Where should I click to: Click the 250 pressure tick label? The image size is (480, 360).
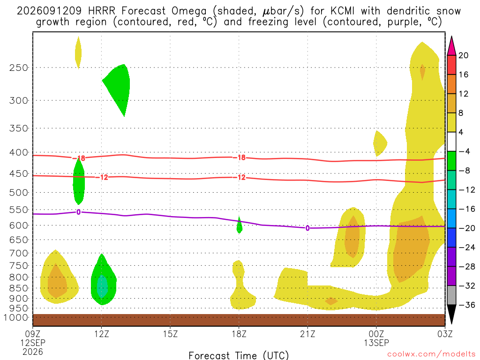point(19,67)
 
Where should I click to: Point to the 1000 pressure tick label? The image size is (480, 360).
point(16,317)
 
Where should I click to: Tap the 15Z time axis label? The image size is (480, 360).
point(170,334)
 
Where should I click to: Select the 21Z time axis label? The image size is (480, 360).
point(307,334)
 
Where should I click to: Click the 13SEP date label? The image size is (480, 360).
point(376,343)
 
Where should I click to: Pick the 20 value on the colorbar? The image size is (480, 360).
point(463,55)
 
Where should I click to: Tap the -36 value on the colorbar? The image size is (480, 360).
point(467,305)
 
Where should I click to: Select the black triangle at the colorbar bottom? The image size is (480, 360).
point(451,314)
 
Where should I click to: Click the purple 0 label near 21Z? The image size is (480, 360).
point(307,228)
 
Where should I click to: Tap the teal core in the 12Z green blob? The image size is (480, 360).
point(102,286)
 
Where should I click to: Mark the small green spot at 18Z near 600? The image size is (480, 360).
point(240,226)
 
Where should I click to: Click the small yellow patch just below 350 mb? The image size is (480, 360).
point(380,143)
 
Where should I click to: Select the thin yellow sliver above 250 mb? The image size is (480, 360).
point(78,52)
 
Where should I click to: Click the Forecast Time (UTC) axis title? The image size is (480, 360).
point(239,355)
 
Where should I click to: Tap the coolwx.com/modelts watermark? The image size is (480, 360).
point(431,354)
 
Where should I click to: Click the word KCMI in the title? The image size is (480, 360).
point(342,11)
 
